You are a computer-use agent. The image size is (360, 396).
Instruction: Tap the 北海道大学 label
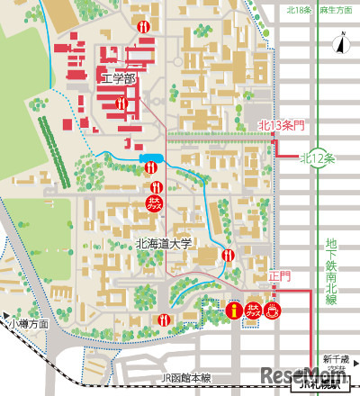tap(165, 243)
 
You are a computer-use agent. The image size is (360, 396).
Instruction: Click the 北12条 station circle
tap(317, 157)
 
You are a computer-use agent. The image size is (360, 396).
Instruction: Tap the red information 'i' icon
tap(236, 310)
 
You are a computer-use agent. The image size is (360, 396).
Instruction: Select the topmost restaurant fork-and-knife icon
tap(144, 27)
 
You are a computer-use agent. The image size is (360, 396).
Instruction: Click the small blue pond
tap(150, 160)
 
